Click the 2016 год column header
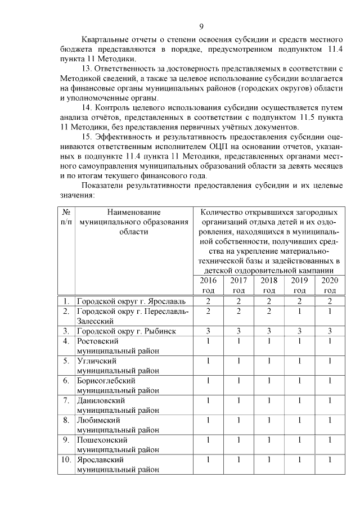[x=208, y=285]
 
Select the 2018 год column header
[x=269, y=285]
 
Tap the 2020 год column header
[x=330, y=285]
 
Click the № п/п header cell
[x=66, y=217]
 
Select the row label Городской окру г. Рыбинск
[x=126, y=331]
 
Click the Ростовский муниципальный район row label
[x=118, y=346]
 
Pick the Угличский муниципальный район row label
[x=118, y=366]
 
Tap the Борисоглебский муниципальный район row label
[x=118, y=385]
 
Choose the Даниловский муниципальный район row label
[x=118, y=405]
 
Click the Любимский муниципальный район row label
[x=118, y=425]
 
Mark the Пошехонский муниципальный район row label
[x=118, y=444]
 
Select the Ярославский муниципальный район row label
[x=118, y=464]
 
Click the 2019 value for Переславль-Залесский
[x=299, y=311]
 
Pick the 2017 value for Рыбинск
[x=238, y=331]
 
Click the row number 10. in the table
[x=66, y=460]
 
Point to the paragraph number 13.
[x=87, y=69]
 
